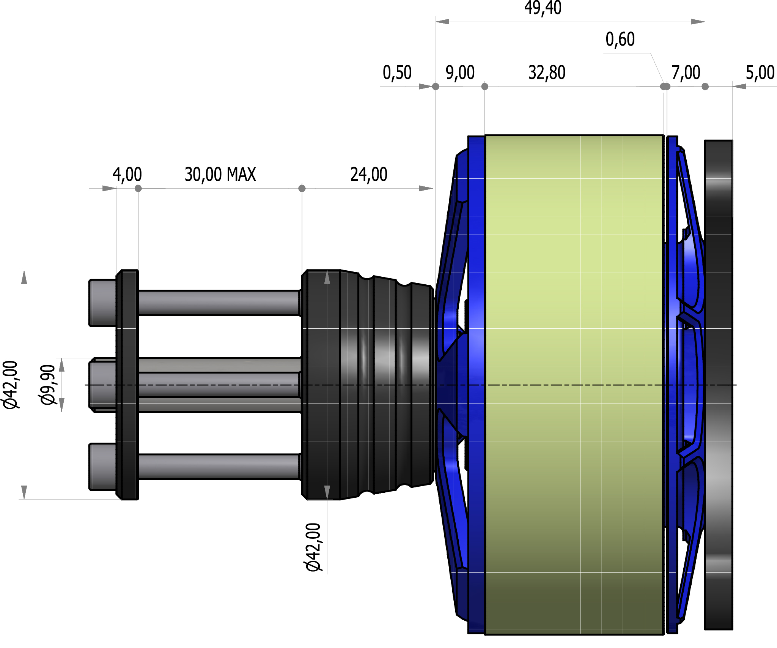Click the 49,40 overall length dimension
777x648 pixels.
coord(543,8)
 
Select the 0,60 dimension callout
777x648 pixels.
coord(620,39)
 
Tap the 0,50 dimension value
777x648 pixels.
coord(397,73)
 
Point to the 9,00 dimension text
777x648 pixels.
coord(460,73)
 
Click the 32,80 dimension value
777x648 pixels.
coord(547,73)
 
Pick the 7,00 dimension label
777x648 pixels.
coord(686,73)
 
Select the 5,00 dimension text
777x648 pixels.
coord(760,73)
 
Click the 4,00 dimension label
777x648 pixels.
coord(127,175)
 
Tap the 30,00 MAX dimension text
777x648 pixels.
coord(220,175)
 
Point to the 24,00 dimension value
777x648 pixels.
coord(369,175)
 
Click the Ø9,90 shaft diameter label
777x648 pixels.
coord(48,385)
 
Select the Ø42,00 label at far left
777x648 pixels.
coord(11,385)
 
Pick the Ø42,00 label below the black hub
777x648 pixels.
coord(313,547)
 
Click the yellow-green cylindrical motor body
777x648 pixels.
coord(574,384)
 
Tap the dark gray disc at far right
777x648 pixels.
coord(718,384)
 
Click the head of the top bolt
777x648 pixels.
coord(102,303)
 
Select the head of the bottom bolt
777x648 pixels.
coord(102,467)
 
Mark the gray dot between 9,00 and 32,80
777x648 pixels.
coord(484,87)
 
